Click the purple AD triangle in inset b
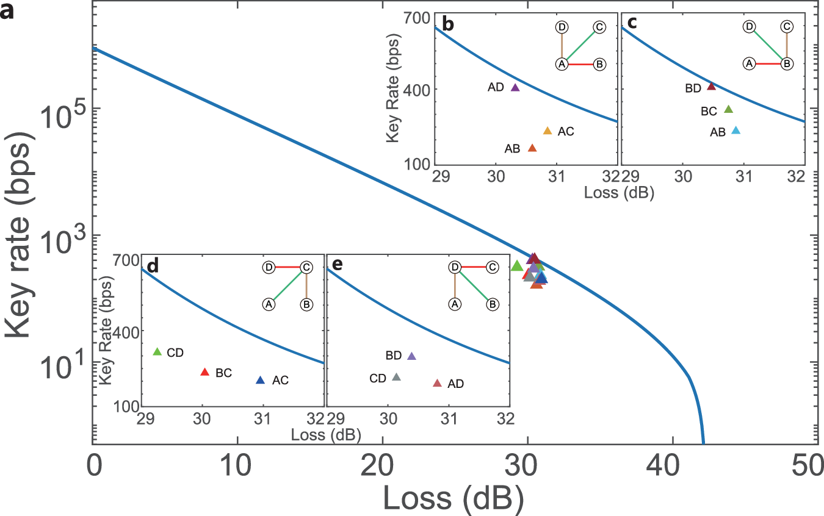pos(515,88)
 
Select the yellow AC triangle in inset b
pos(548,131)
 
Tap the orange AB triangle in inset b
pos(532,148)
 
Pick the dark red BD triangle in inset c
pos(711,87)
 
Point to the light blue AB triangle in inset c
pos(735,131)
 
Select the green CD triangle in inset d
pos(157,352)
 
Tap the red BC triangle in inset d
pos(205,372)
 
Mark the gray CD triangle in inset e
pos(396,378)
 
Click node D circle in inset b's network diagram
pos(562,27)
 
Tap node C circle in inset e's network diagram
pos(492,267)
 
